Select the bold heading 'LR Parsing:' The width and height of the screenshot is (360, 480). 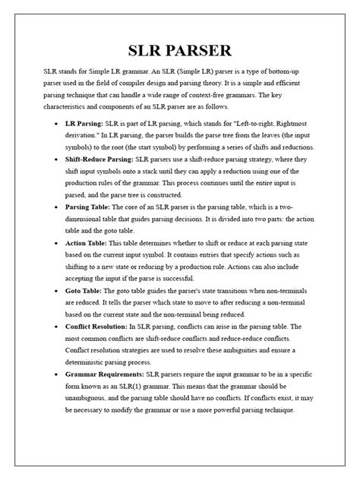[87, 122]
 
